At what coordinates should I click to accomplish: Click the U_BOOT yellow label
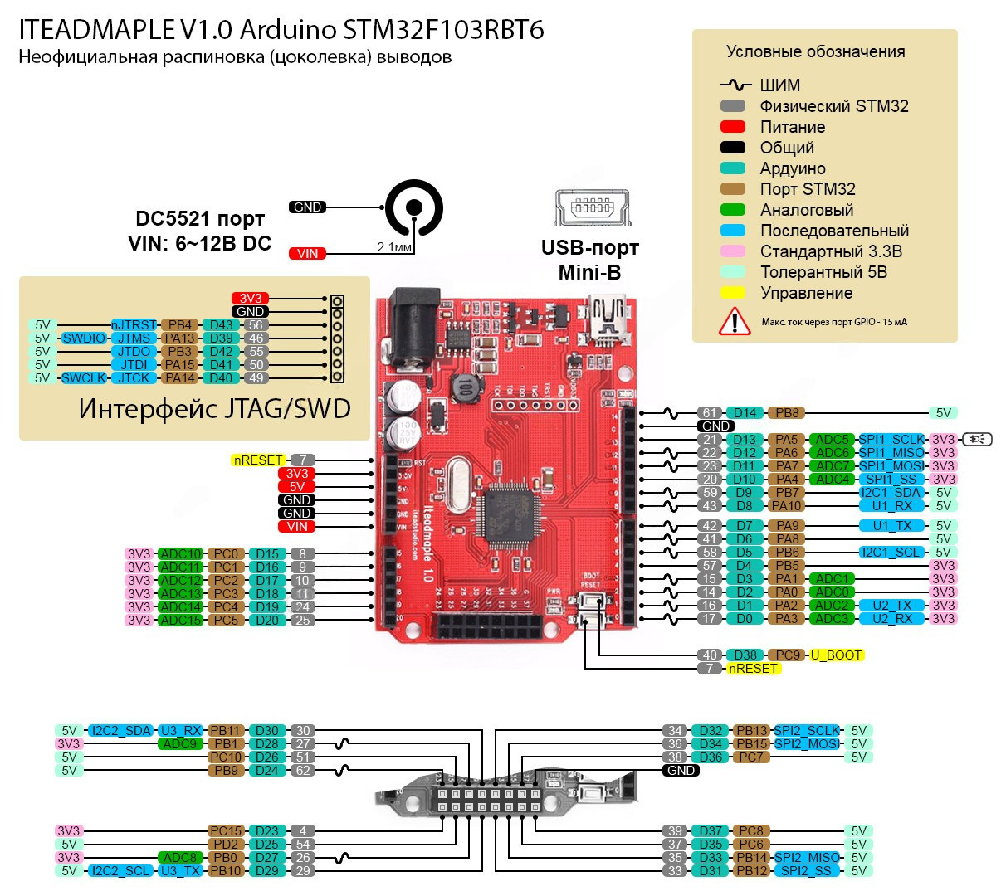(x=837, y=655)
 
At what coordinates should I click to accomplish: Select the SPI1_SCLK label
(x=891, y=440)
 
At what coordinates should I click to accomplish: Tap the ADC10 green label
(x=180, y=554)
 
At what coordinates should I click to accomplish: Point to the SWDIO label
(x=84, y=338)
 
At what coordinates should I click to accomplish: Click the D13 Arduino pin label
(x=745, y=440)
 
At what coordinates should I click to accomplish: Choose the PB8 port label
(x=784, y=413)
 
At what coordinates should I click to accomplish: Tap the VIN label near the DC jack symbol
(x=307, y=254)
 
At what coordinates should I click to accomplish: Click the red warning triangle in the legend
(x=734, y=321)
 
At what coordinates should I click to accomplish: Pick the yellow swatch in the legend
(x=733, y=293)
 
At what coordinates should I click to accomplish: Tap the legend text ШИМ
(x=780, y=85)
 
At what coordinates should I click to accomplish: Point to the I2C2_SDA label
(x=121, y=731)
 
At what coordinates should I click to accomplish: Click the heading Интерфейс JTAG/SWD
(x=214, y=408)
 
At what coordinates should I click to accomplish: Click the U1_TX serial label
(x=891, y=526)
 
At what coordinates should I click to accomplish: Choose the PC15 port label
(x=226, y=831)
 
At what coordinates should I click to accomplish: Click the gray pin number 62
(x=304, y=771)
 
